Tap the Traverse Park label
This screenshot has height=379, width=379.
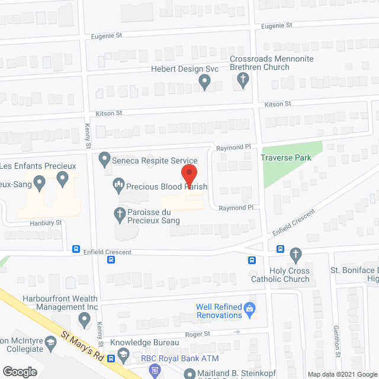click(285, 158)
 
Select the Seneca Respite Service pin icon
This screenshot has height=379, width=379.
click(104, 159)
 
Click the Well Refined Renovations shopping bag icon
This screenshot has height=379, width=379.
click(249, 308)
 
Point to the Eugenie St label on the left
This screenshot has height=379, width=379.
click(107, 36)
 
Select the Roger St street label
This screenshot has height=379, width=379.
click(198, 334)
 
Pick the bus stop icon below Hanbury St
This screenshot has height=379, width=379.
click(76, 249)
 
